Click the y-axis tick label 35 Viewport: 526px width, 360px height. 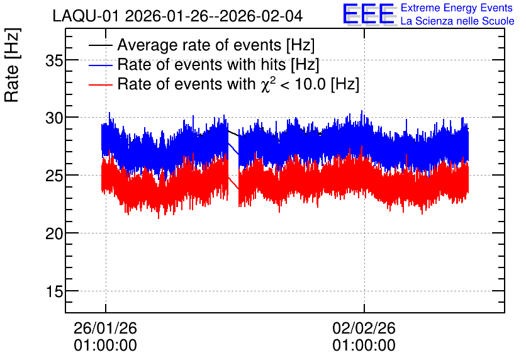[x=54, y=60]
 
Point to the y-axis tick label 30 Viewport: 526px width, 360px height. [x=54, y=118]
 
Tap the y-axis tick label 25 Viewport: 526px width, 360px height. [x=54, y=176]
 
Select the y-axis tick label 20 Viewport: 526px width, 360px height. [x=54, y=233]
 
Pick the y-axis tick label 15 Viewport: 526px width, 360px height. [x=54, y=291]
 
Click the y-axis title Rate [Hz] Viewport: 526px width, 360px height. [x=12, y=65]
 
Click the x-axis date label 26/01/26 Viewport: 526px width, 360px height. [x=105, y=328]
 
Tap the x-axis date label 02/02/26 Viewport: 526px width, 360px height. [x=364, y=328]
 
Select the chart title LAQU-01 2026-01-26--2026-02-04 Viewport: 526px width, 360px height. [x=178, y=16]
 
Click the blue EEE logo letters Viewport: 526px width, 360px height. [x=369, y=14]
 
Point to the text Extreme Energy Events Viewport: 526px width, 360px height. [x=457, y=8]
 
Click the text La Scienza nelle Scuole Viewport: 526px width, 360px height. [x=457, y=21]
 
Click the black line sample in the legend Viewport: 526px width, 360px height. [x=100, y=45]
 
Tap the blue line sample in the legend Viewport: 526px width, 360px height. [x=100, y=65]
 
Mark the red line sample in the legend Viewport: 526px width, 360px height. [x=100, y=85]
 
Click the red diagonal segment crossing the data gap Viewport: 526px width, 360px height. [x=233, y=183]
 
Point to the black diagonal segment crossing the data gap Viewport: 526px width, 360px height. [x=233, y=133]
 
